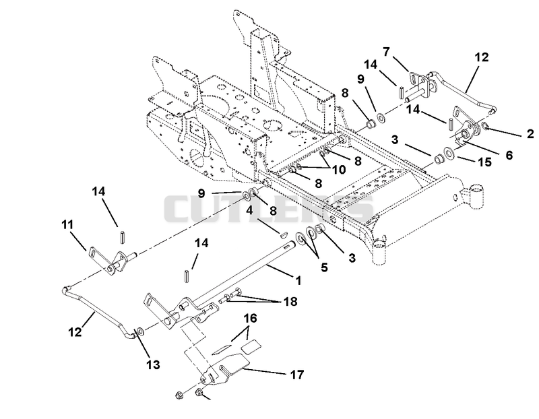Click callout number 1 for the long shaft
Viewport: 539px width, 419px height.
[298, 280]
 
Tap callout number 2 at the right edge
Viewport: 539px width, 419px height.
[530, 133]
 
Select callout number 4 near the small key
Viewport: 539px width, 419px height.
[249, 210]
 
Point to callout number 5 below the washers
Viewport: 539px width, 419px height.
[324, 267]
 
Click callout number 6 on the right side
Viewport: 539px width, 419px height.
[509, 155]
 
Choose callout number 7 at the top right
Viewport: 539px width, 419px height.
[386, 52]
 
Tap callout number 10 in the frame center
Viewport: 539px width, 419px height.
[338, 169]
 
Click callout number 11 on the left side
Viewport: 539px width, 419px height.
[67, 225]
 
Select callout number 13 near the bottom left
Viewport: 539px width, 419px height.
[153, 364]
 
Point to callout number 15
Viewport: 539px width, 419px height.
[484, 162]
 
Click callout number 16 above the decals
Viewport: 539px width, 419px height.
[250, 318]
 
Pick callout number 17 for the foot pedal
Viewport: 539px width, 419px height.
[297, 374]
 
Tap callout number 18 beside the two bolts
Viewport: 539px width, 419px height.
[290, 301]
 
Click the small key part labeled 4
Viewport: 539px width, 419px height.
[284, 235]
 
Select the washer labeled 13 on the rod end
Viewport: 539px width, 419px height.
[140, 331]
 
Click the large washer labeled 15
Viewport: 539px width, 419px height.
[448, 153]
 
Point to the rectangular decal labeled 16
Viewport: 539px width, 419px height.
[251, 346]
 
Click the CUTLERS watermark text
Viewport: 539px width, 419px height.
[268, 209]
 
